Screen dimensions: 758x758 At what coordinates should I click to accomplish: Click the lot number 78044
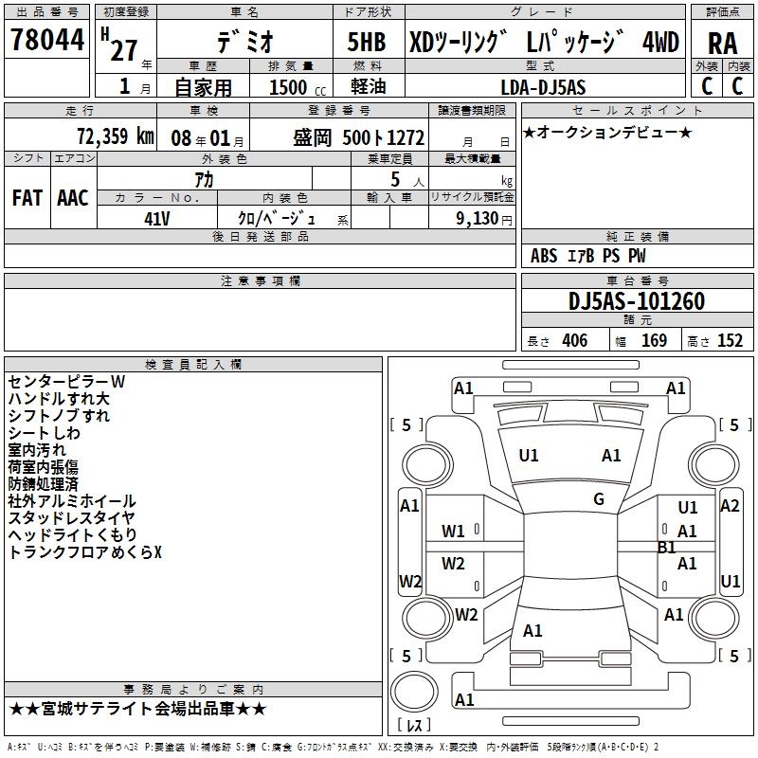coord(47,39)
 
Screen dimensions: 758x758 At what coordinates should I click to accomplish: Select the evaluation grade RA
coord(723,43)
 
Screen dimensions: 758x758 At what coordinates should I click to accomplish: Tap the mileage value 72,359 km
coord(115,136)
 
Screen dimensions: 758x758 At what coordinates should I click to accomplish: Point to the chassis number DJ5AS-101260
coord(637,301)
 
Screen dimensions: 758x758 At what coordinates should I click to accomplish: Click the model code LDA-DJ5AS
coord(543,87)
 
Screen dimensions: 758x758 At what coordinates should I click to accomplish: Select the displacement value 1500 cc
coord(298,87)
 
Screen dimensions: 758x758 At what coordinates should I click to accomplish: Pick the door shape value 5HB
coord(367,42)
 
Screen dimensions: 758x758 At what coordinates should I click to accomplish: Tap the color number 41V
coord(157,219)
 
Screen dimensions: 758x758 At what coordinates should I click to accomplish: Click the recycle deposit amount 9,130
coord(478,219)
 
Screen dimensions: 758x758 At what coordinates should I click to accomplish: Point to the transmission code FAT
coord(27,198)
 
